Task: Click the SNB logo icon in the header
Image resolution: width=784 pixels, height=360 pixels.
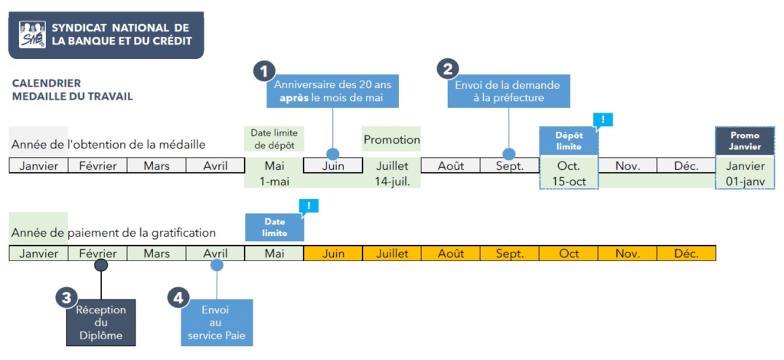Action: tap(32, 34)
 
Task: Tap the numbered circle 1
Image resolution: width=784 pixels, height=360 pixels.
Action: tap(264, 70)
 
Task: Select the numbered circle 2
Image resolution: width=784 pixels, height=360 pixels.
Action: tap(448, 69)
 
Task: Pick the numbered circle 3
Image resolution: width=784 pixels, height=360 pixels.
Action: tap(67, 299)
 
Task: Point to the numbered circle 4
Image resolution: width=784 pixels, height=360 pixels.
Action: tap(178, 298)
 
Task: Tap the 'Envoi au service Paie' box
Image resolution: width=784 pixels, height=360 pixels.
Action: tap(215, 323)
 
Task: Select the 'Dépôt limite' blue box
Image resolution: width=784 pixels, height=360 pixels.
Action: tap(568, 141)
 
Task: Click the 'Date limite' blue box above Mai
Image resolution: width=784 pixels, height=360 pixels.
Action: tap(274, 227)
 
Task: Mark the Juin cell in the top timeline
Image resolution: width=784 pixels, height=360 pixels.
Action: tap(333, 165)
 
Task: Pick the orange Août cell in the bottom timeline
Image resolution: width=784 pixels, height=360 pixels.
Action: tap(451, 254)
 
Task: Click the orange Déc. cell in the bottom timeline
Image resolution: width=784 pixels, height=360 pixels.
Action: tap(686, 254)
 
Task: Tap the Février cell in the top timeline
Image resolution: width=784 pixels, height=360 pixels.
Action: tap(97, 165)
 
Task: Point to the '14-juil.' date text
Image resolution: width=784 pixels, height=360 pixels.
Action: tap(392, 182)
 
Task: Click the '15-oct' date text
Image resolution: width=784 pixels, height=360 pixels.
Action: tap(568, 182)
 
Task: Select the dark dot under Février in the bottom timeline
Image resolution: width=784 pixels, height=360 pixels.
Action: tap(101, 265)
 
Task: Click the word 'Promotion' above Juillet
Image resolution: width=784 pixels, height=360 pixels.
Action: tap(392, 140)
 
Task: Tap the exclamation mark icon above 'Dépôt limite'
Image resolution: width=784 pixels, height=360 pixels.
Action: tap(603, 119)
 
